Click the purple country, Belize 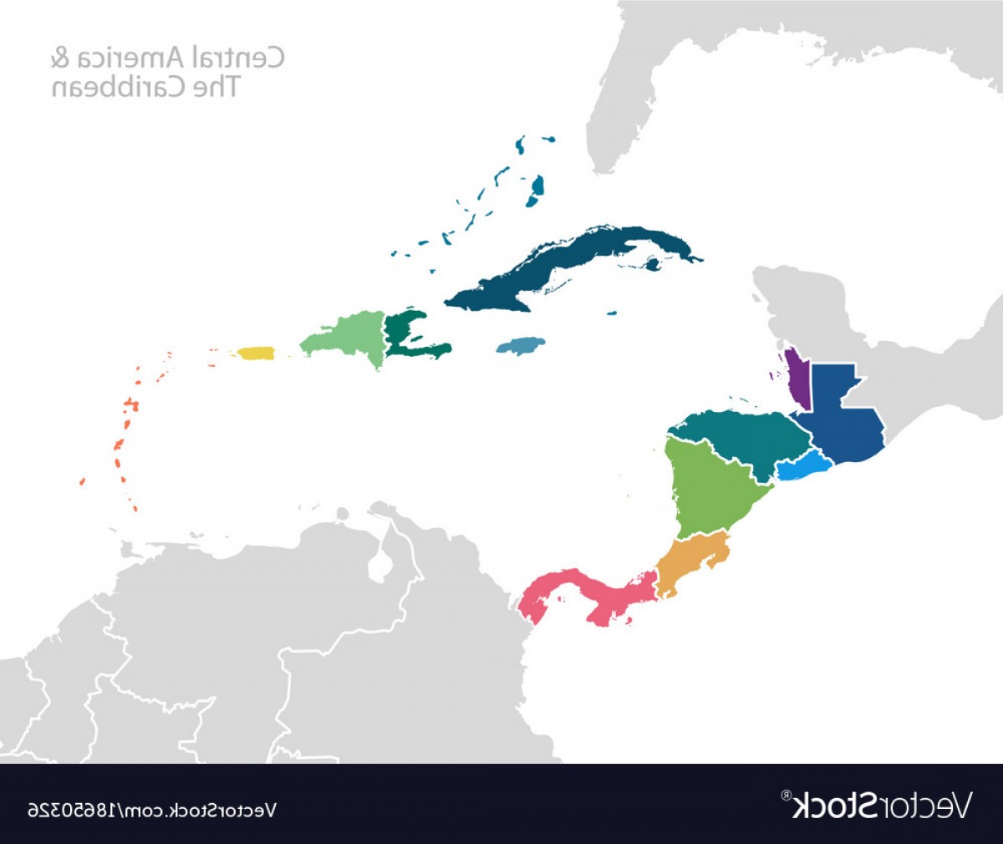point(798,380)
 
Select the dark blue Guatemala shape point(840,414)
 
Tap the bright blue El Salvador point(802,467)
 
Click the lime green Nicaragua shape point(710,493)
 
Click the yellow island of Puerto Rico point(256,353)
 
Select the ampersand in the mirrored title point(59,58)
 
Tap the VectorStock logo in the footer point(878,806)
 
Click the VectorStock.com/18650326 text point(151,810)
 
